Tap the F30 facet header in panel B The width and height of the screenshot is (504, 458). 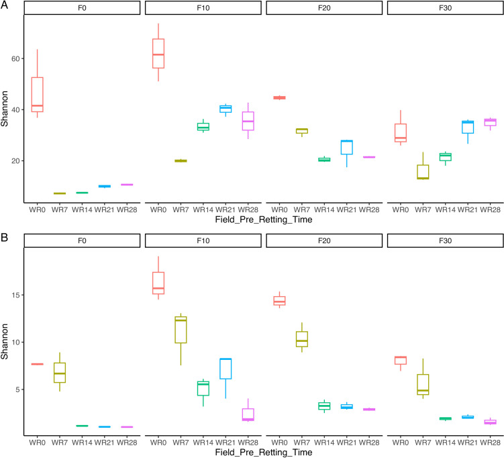pyautogui.click(x=446, y=240)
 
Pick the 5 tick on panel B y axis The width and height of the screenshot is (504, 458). pyautogui.click(x=17, y=390)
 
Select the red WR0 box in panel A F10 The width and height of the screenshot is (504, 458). pyautogui.click(x=158, y=54)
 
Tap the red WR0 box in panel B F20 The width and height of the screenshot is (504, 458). pyautogui.click(x=280, y=301)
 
